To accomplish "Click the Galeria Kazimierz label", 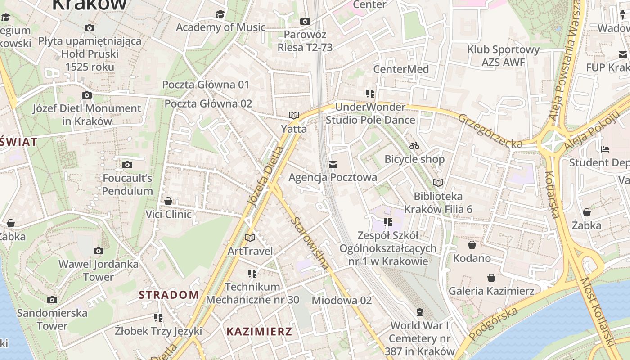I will (491, 291).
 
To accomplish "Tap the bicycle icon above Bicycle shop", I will (414, 146).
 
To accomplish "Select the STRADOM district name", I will (169, 295).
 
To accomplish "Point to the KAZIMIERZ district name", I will (259, 332).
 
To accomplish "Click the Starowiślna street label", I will (310, 243).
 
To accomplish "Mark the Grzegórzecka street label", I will (490, 130).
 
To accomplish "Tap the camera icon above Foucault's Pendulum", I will (127, 165).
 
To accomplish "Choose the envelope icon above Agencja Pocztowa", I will (333, 165).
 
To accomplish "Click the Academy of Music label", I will (220, 27).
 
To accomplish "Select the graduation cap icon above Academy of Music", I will (220, 14).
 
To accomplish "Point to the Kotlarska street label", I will (552, 194).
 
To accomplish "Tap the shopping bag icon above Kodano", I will (472, 245).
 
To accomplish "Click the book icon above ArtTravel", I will (250, 238).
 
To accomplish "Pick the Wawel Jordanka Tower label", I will (99, 270).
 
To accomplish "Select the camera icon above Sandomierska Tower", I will (52, 300).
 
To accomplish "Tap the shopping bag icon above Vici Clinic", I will (168, 201).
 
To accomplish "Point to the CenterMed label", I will (401, 69).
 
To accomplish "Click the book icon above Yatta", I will (294, 116).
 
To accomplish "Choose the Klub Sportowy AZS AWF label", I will (503, 56).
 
